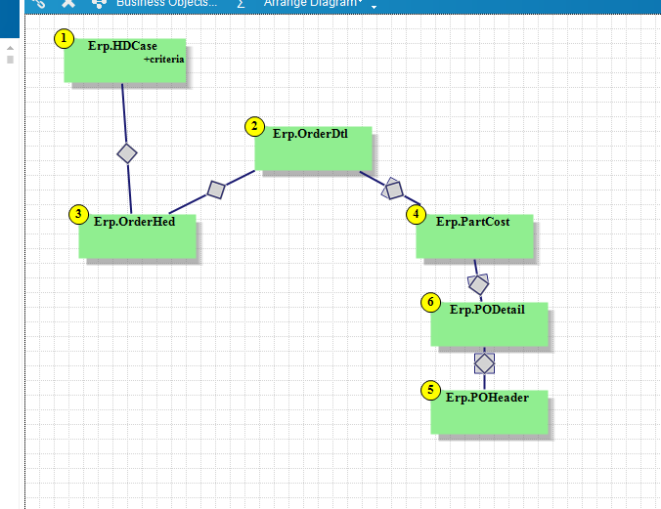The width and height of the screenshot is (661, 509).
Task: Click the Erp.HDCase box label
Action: click(122, 46)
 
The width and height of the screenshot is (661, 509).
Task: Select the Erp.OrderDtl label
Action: click(310, 134)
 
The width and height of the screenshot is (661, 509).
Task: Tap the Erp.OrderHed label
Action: click(134, 221)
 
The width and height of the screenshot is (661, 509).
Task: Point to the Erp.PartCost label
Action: click(472, 222)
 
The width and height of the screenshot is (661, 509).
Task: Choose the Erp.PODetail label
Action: click(487, 310)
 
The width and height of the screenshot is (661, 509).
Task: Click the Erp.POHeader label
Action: click(487, 398)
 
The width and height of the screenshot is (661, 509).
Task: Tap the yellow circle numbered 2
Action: click(254, 126)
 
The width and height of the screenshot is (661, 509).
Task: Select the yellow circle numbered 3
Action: click(79, 214)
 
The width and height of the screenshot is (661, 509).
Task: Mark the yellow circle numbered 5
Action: click(431, 390)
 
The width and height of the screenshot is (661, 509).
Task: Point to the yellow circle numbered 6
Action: click(431, 302)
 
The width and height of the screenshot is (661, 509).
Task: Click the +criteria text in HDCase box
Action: click(163, 60)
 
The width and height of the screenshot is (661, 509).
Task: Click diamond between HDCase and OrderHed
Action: click(126, 152)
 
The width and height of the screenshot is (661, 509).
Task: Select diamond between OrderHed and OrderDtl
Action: click(217, 190)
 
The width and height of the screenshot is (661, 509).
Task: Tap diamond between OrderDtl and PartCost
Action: click(392, 188)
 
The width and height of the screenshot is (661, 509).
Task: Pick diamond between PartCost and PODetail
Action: click(478, 284)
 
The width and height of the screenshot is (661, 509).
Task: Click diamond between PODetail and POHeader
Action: click(485, 362)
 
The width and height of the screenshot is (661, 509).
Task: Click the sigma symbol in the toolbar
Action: click(241, 4)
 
